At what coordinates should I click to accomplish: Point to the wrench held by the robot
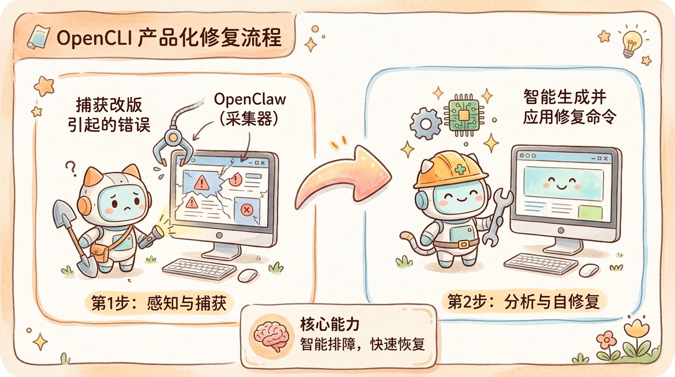[x=497, y=216]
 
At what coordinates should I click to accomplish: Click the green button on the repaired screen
[x=590, y=213]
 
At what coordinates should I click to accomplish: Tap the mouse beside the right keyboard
[x=589, y=269]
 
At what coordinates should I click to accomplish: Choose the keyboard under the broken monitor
[x=199, y=269]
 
